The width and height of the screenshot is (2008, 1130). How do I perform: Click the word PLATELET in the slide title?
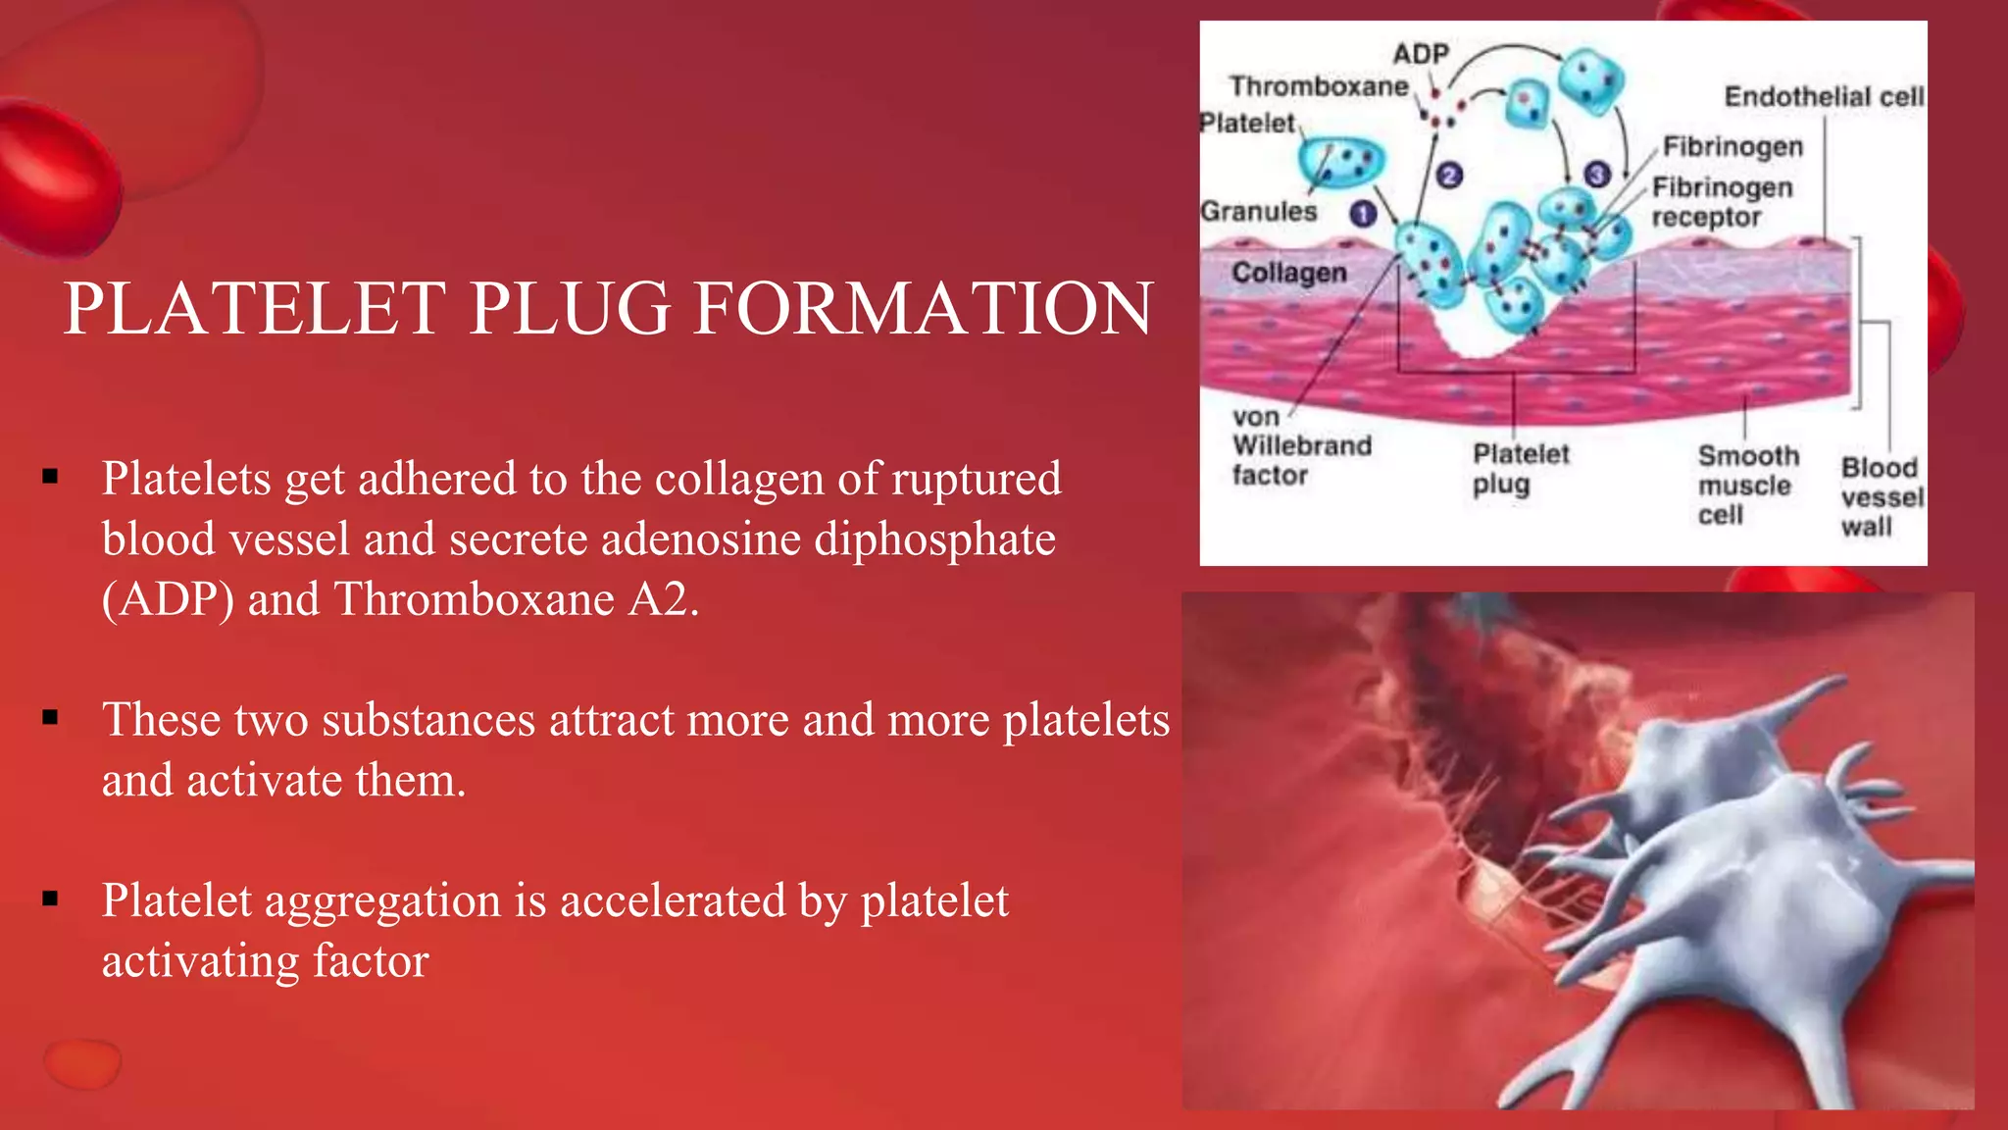(255, 308)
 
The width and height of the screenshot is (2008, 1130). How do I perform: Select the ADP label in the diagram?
(1421, 54)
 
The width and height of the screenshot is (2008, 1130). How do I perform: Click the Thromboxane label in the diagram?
(1319, 86)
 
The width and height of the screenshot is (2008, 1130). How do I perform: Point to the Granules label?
(1259, 211)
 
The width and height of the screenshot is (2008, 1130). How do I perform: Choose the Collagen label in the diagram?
(1288, 272)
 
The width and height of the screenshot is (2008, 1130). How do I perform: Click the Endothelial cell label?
(1824, 96)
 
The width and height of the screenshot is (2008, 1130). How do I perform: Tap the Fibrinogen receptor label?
(1722, 202)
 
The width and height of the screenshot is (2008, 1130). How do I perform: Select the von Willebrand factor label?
(1300, 446)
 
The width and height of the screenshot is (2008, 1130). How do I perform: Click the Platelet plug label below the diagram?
(1520, 469)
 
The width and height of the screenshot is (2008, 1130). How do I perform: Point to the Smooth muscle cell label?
(1747, 485)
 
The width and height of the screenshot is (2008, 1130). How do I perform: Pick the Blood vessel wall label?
(1881, 496)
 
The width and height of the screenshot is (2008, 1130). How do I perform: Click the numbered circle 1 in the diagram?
(1363, 214)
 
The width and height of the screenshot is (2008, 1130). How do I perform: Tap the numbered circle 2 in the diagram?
(1449, 176)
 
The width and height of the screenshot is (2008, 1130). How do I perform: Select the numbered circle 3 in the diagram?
(1597, 175)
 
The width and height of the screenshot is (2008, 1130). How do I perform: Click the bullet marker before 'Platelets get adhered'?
(51, 478)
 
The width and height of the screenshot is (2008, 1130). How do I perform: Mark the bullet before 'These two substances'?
(51, 718)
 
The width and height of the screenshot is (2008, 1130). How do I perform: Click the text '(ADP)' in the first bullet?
(168, 599)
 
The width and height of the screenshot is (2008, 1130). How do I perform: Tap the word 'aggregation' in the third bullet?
(383, 900)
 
